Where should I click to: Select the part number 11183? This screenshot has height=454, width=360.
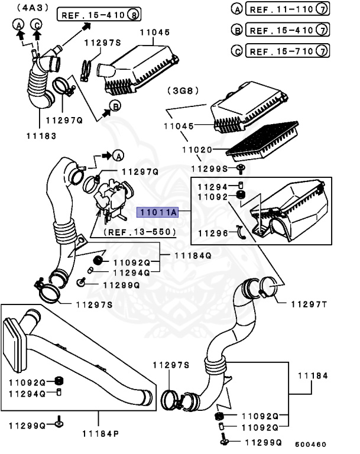click(41, 135)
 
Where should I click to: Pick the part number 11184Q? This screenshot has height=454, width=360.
click(192, 255)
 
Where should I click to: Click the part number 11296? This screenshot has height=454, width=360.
click(212, 232)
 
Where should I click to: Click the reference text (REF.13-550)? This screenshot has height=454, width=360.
click(140, 233)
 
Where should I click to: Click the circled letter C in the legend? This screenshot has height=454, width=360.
click(237, 51)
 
